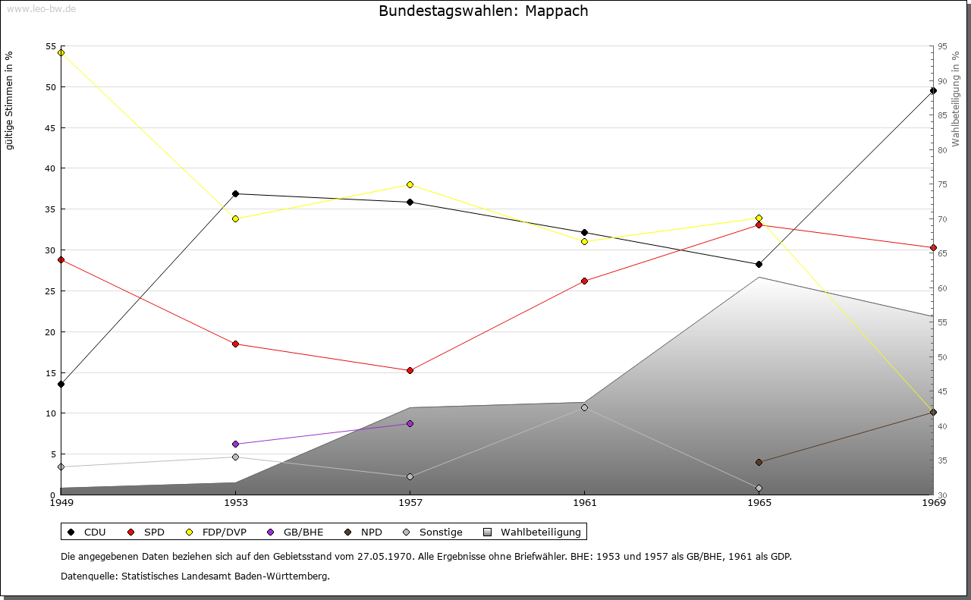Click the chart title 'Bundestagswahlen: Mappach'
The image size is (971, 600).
pos(483,11)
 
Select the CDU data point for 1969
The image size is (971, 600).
pos(933,90)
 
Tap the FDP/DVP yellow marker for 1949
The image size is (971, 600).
pos(61,52)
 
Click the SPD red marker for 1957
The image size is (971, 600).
pos(410,370)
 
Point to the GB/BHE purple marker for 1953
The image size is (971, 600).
pos(235,444)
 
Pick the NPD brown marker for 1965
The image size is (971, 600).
pos(759,462)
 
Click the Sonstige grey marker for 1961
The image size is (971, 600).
pos(584,407)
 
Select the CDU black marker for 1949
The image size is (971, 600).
pos(61,384)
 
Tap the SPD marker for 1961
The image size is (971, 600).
pos(584,281)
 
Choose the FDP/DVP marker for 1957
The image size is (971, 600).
pos(410,184)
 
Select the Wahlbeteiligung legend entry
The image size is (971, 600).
pos(533,532)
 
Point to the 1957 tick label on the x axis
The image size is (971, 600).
pos(410,502)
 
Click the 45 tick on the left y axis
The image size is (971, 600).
pos(51,127)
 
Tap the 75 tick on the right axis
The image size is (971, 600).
pos(942,184)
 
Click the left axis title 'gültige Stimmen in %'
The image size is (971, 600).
pos(9,100)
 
